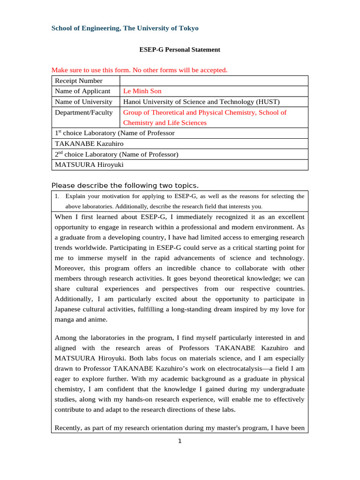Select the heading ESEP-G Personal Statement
point(180,49)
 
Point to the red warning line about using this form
point(139,70)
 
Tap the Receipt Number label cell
point(79,81)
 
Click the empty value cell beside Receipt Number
point(214,81)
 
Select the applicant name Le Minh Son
point(142,91)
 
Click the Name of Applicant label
point(82,91)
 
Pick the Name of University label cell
point(83,101)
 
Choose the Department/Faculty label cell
point(84,112)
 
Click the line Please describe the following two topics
point(125,185)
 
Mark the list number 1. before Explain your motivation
point(57,196)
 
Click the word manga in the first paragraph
point(65,320)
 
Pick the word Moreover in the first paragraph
point(69,268)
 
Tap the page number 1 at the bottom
point(180,441)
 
